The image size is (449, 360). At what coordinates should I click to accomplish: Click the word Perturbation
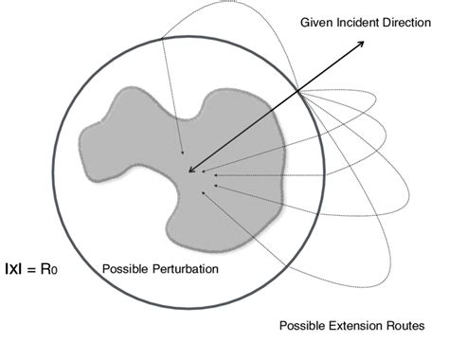[x=185, y=269]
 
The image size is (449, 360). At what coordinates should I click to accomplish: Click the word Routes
[x=404, y=326]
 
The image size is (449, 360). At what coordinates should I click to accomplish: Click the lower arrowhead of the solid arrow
[x=191, y=171]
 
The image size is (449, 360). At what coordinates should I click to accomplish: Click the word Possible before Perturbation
[x=124, y=269]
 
